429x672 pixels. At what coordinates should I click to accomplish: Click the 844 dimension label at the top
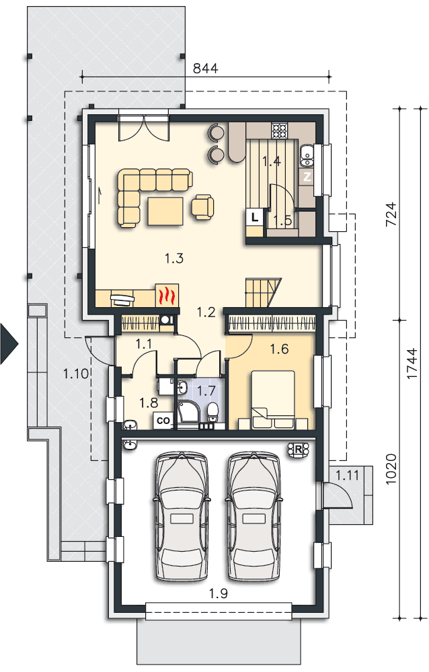pyautogui.click(x=206, y=68)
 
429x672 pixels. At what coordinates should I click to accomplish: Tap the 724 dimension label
pyautogui.click(x=391, y=215)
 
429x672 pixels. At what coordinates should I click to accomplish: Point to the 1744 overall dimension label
pyautogui.click(x=412, y=364)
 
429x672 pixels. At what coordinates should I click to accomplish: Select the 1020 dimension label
pyautogui.click(x=391, y=469)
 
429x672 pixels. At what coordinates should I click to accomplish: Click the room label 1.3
pyautogui.click(x=174, y=258)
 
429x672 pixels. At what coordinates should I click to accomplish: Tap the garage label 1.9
pyautogui.click(x=219, y=593)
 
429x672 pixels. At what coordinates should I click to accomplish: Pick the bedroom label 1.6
pyautogui.click(x=279, y=349)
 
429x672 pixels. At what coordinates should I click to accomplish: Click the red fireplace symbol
pyautogui.click(x=167, y=295)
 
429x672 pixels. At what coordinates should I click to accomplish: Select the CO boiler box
pyautogui.click(x=163, y=421)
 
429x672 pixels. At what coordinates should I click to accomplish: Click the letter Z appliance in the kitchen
pyautogui.click(x=307, y=176)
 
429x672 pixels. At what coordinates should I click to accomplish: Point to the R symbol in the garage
pyautogui.click(x=298, y=449)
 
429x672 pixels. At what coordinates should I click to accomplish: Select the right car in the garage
pyautogui.click(x=254, y=516)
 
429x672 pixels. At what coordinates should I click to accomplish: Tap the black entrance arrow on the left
pyautogui.click(x=9, y=343)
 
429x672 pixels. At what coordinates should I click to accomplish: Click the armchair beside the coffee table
pyautogui.click(x=202, y=207)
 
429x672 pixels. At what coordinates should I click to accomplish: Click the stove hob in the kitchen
pyautogui.click(x=279, y=130)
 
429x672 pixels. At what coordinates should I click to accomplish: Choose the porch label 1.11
pyautogui.click(x=347, y=475)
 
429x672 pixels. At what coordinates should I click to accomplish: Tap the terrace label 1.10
pyautogui.click(x=76, y=374)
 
